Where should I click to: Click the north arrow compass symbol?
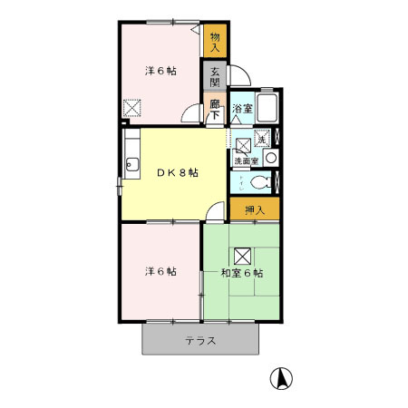281,378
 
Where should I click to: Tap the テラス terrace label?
200,341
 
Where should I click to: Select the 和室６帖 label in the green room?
242,273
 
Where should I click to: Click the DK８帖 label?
178,172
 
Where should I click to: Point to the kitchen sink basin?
132,165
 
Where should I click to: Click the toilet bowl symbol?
261,182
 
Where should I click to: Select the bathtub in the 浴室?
267,108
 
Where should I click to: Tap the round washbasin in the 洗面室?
270,158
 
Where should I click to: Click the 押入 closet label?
255,209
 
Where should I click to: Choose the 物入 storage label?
215,42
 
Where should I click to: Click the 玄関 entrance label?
215,77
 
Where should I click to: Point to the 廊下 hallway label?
215,110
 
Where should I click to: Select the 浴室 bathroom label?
242,109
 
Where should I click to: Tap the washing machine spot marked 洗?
262,139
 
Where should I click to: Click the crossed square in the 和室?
243,257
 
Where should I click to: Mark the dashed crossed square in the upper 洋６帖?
132,108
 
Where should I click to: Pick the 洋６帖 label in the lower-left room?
160,271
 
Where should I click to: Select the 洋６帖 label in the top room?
160,71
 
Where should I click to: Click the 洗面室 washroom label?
247,161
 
